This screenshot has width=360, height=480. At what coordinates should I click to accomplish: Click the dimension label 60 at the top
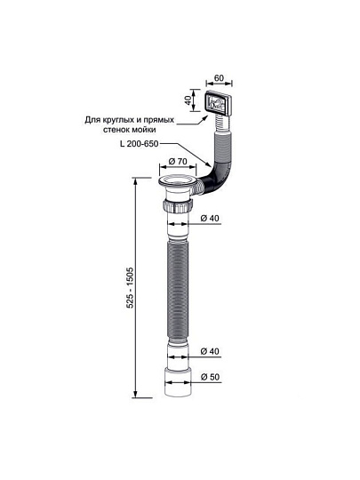pos(219,78)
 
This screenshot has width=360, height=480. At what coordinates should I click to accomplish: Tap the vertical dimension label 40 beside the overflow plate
pos(188,100)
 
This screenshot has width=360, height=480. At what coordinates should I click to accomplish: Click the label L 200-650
pos(140,143)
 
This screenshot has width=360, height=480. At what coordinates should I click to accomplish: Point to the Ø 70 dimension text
pos(178,161)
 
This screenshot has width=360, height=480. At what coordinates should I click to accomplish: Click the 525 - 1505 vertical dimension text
pos(130,288)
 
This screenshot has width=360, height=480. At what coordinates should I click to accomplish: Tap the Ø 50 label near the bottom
pos(211,377)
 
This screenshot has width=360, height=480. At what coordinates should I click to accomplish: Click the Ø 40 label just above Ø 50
pos(210,351)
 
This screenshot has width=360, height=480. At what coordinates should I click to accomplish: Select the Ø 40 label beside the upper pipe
pos(210,219)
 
